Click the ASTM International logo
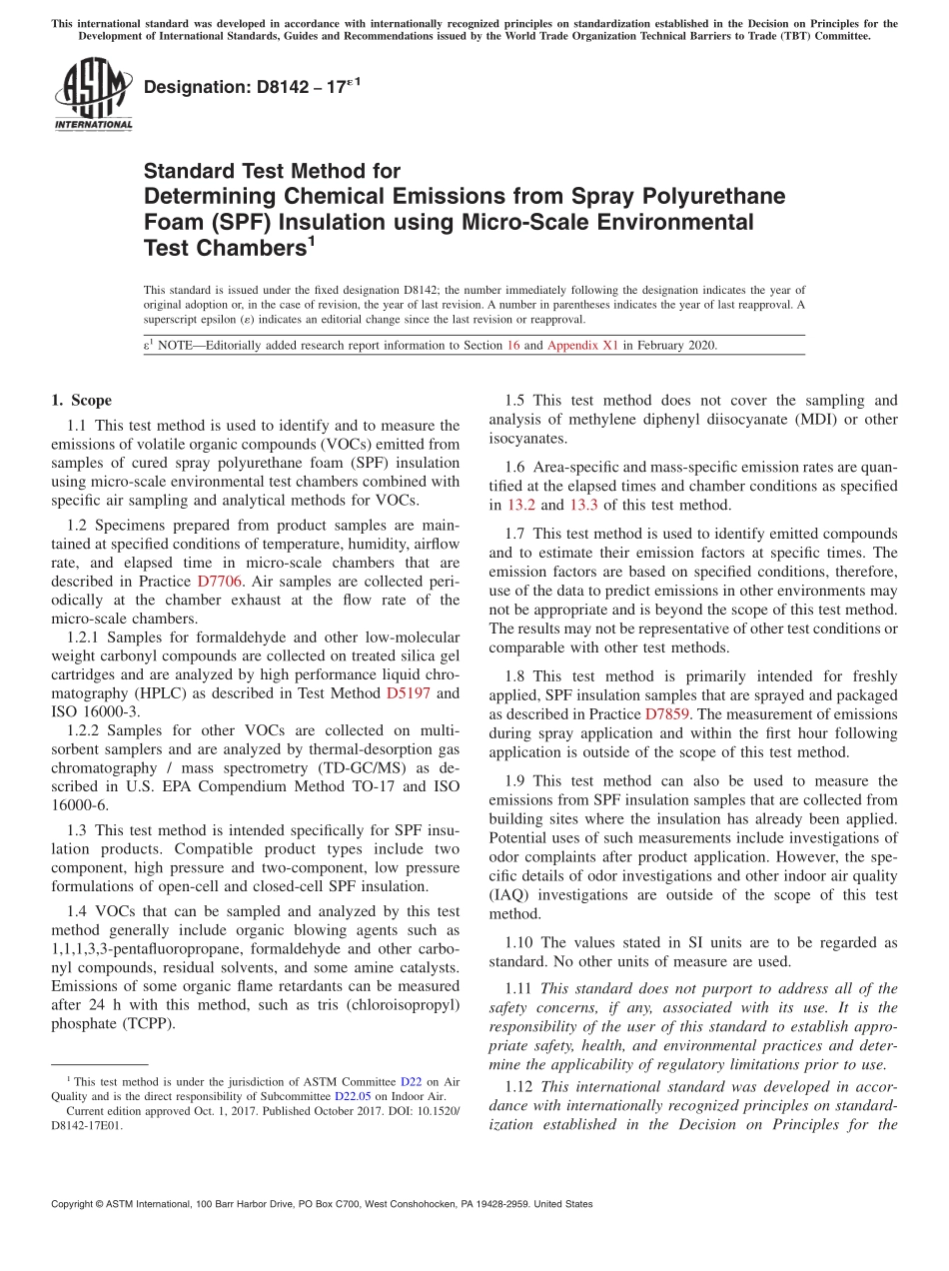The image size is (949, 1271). tap(93, 95)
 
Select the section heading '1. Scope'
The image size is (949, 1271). tap(81, 401)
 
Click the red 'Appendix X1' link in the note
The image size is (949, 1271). tap(582, 346)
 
